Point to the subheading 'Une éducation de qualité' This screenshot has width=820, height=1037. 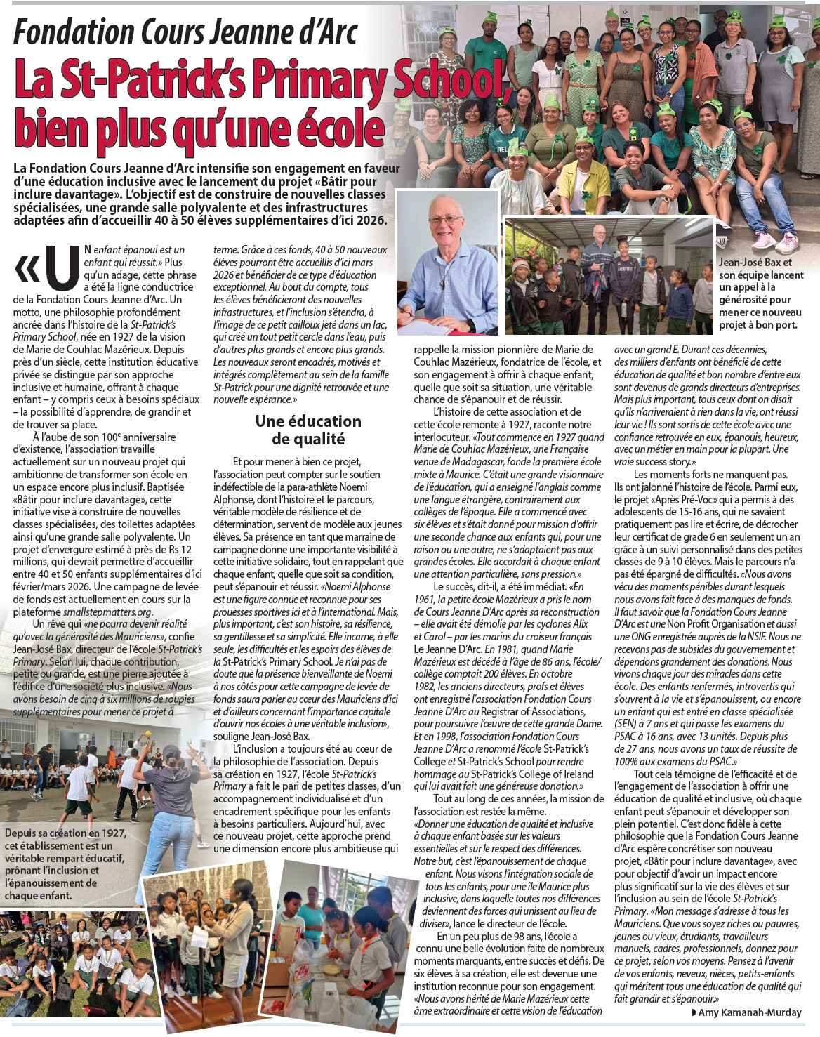(x=308, y=430)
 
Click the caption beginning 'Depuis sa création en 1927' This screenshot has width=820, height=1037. (x=65, y=864)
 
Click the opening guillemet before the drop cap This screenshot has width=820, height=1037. (x=27, y=267)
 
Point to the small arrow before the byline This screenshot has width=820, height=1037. (x=694, y=1012)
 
